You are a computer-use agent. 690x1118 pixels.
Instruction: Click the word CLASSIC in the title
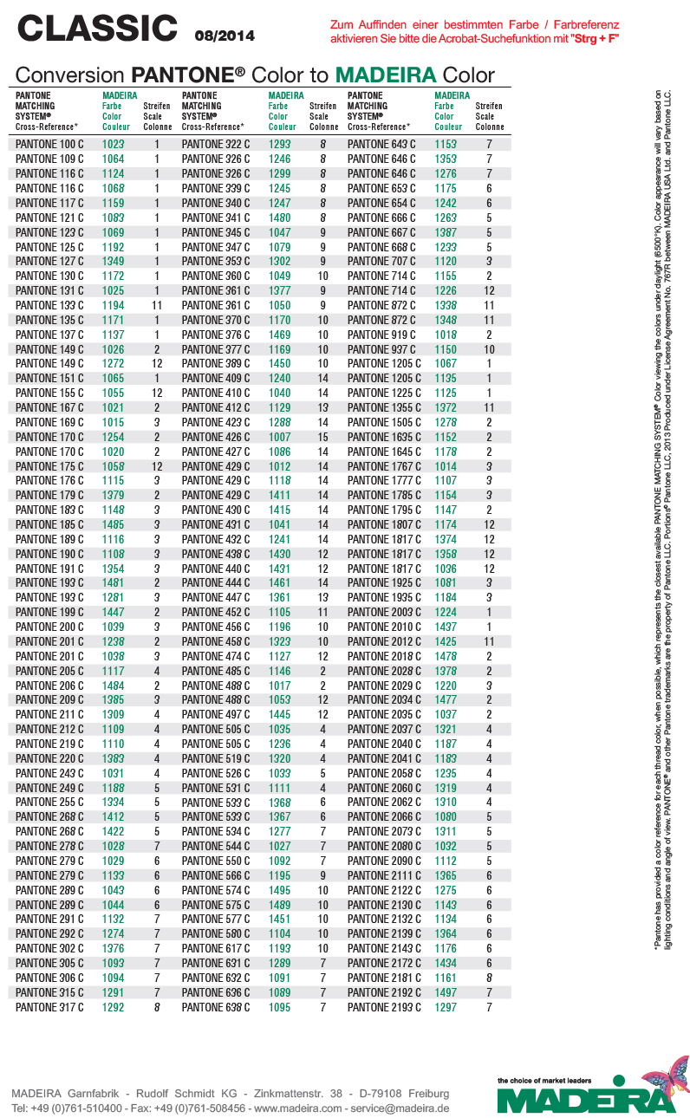(x=97, y=29)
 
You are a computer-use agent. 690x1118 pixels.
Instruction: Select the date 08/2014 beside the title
(x=225, y=36)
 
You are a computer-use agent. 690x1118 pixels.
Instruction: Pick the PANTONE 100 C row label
(x=50, y=145)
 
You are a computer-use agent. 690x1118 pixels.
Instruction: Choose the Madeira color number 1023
(x=113, y=145)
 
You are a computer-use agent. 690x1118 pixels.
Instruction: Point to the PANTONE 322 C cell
(x=216, y=145)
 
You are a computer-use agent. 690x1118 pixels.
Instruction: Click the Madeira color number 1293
(x=279, y=145)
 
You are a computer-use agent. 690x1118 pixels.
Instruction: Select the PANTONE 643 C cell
(x=381, y=145)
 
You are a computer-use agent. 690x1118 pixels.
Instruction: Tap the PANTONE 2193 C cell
(x=384, y=1007)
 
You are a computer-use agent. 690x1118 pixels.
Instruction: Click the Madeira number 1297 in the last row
(x=446, y=1007)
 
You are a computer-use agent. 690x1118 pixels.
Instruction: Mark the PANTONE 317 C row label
(x=50, y=1007)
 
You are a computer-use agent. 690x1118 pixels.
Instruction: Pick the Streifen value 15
(x=322, y=437)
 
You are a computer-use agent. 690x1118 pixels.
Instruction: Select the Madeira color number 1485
(x=113, y=524)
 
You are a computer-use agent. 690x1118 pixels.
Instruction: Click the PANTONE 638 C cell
(x=216, y=1007)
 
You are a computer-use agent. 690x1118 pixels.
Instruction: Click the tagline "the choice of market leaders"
(x=544, y=1081)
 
